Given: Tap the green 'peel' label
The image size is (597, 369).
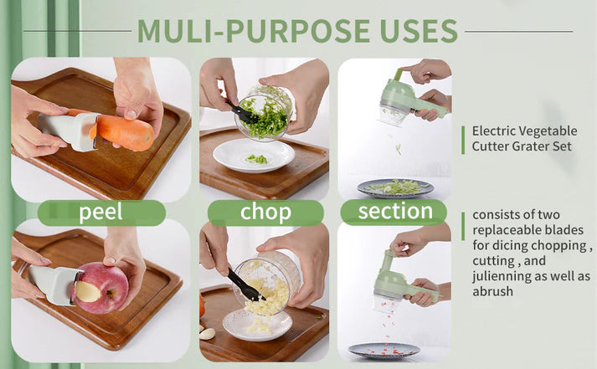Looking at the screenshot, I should point(100,213).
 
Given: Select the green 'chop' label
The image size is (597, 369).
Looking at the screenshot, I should point(265,213).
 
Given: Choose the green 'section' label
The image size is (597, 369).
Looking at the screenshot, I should point(395,211).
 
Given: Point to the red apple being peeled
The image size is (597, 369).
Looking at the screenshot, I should point(101,287).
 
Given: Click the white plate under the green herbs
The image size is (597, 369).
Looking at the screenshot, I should point(253,156).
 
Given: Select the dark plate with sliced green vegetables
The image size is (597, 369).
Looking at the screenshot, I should point(395,187).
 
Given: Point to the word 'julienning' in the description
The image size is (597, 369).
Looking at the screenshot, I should point(501,275).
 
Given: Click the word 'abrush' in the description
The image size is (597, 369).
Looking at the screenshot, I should point(492,291).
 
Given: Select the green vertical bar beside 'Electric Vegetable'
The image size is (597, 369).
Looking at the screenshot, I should point(462,139).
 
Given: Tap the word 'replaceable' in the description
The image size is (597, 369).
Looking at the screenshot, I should point(504,229).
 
